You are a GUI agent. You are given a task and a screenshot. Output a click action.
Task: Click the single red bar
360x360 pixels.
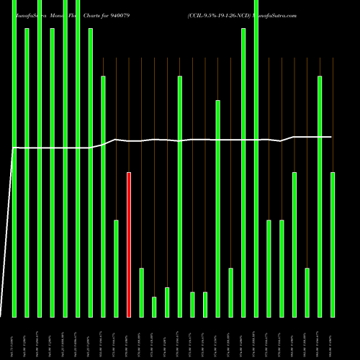click(x=129, y=245)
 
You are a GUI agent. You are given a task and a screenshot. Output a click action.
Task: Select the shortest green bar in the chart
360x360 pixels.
click(x=154, y=307)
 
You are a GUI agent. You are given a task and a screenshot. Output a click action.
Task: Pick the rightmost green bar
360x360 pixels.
click(x=333, y=245)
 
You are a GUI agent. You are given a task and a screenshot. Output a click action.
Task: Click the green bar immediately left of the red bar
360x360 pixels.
click(x=116, y=268)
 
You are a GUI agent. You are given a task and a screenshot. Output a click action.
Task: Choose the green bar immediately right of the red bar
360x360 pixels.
click(x=141, y=292)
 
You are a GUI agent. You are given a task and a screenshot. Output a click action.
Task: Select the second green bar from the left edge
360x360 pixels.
click(x=27, y=173)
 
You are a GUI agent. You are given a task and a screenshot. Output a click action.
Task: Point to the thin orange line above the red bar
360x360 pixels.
click(x=129, y=115)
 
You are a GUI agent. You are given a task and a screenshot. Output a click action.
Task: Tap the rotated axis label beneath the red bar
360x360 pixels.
click(x=129, y=338)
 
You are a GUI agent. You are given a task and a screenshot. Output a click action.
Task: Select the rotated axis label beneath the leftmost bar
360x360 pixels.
click(x=14, y=338)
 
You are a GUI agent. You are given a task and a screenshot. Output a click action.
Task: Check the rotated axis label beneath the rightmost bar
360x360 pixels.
click(x=333, y=338)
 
